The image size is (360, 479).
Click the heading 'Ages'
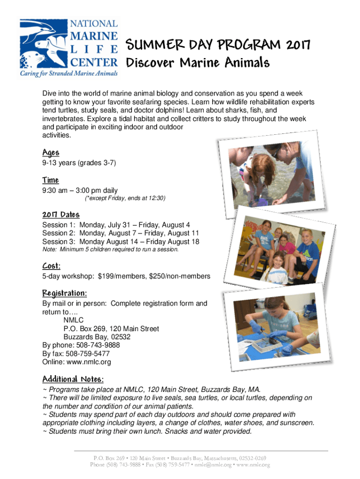(x=50, y=152)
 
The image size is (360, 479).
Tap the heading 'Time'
(x=50, y=180)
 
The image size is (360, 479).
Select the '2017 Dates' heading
(x=61, y=214)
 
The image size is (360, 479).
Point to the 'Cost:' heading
(x=51, y=266)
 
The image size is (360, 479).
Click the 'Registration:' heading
(x=65, y=293)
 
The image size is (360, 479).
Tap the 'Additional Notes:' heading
(x=73, y=378)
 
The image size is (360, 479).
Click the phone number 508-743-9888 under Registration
(x=93, y=345)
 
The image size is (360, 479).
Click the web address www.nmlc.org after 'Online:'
(x=89, y=362)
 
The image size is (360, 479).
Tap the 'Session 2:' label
(x=59, y=233)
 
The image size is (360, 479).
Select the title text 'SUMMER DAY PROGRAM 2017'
(x=217, y=45)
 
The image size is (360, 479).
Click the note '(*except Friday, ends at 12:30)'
(x=125, y=198)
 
